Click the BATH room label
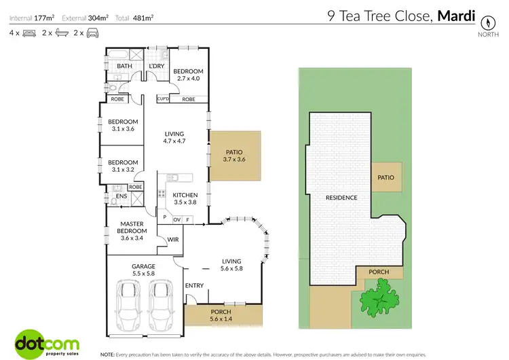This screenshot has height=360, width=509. point(124,66)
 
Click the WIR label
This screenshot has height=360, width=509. point(172,240)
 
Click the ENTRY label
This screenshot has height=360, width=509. point(194,285)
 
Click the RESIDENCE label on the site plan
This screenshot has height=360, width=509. point(341,198)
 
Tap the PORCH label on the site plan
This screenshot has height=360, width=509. point(379,272)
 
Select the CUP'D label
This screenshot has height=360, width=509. point(163,99)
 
